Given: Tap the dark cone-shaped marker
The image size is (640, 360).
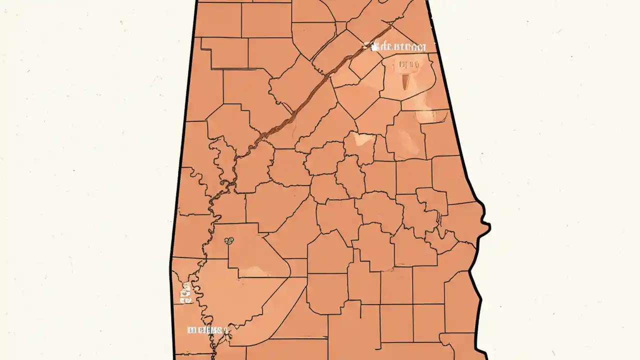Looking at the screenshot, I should [x=405, y=79].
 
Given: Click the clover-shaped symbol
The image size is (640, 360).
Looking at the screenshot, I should [x=229, y=241].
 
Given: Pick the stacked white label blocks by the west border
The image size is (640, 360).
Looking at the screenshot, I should [x=185, y=293].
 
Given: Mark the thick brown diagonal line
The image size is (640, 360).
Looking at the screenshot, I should [x=320, y=85].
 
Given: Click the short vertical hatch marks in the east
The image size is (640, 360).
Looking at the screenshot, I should [x=438, y=218].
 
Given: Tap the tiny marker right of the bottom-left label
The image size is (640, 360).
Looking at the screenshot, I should [x=227, y=330].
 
